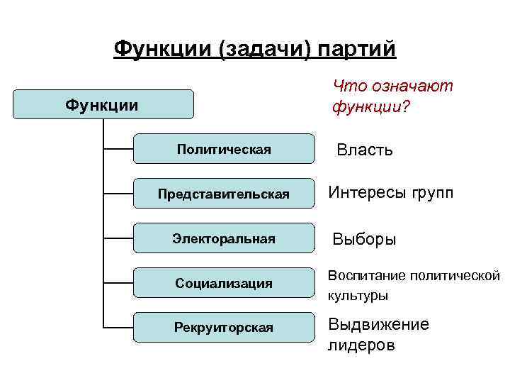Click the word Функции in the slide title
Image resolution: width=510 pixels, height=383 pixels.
click(164, 49)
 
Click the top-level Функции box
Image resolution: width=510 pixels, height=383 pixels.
click(103, 105)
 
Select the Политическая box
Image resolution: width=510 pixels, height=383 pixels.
click(224, 149)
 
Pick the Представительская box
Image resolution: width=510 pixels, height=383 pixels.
click(224, 194)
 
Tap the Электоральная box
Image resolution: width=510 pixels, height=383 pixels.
click(224, 238)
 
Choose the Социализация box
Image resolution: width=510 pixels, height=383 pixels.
click(224, 283)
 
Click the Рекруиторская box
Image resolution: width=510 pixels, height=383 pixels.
click(224, 327)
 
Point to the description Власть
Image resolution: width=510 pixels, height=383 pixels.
click(365, 150)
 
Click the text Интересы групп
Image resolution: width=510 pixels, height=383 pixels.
click(390, 194)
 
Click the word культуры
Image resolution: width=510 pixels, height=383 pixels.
click(358, 294)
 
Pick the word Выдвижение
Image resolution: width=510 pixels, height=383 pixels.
click(378, 325)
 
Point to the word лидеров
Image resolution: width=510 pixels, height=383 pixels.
click(361, 345)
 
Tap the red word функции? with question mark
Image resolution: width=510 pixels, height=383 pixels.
click(370, 108)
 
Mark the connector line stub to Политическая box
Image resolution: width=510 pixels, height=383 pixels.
click(118, 149)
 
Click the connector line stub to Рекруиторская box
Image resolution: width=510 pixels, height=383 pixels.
click(118, 327)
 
